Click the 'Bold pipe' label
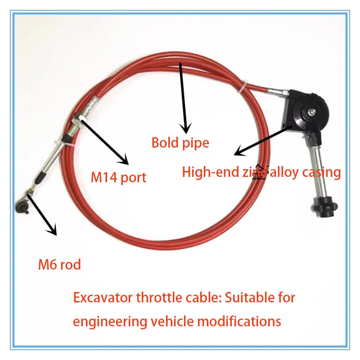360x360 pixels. pyautogui.click(x=180, y=143)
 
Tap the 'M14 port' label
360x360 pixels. pyautogui.click(x=118, y=177)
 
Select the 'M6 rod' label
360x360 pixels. pyautogui.click(x=59, y=265)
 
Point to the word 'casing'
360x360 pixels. pyautogui.click(x=321, y=172)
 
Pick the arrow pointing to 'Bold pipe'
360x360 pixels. pyautogui.click(x=183, y=99)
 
